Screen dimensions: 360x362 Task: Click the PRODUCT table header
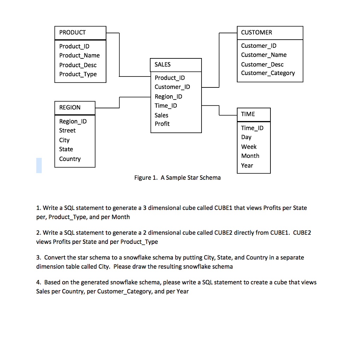pyautogui.click(x=73, y=33)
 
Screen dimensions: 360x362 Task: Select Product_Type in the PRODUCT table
pyautogui.click(x=78, y=74)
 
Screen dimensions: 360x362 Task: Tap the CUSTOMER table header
pyautogui.click(x=256, y=33)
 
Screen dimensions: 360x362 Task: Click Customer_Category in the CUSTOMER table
pyautogui.click(x=268, y=73)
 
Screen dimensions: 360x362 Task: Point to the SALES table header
pyautogui.click(x=163, y=64)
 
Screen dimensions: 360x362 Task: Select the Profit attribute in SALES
pyautogui.click(x=162, y=124)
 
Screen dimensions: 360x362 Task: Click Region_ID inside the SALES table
pyautogui.click(x=169, y=97)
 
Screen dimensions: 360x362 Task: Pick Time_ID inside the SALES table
pyautogui.click(x=166, y=105)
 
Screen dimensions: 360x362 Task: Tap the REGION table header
pyautogui.click(x=70, y=108)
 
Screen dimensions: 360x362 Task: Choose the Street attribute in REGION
pyautogui.click(x=67, y=131)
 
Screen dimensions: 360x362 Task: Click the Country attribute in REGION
pyautogui.click(x=70, y=159)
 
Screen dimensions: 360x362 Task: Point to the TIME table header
pyautogui.click(x=248, y=114)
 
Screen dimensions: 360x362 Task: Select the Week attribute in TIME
pyautogui.click(x=249, y=147)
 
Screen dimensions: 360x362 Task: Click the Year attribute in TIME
pyautogui.click(x=247, y=165)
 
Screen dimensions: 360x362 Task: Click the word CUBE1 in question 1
pyautogui.click(x=223, y=208)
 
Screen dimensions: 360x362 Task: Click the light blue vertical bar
pyautogui.click(x=39, y=165)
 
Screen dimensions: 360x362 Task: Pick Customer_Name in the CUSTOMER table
pyautogui.click(x=264, y=55)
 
